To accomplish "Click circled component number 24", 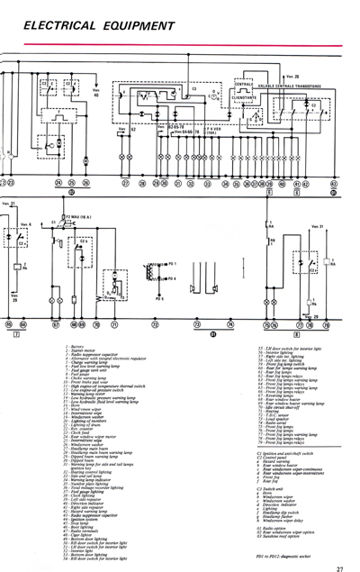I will coord(58,183).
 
